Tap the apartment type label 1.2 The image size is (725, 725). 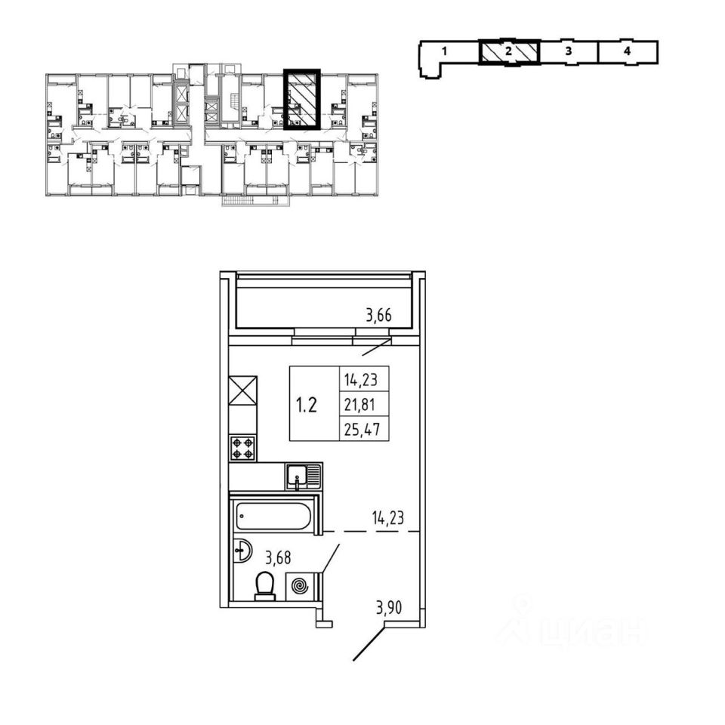tap(307, 405)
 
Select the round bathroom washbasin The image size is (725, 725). tap(241, 550)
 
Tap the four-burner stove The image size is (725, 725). tap(244, 447)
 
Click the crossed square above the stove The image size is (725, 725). tap(243, 393)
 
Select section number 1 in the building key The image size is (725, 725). tap(446, 52)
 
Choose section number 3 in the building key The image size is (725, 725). tap(568, 52)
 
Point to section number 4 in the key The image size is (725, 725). tap(628, 52)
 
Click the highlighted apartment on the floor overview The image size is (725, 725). tap(301, 100)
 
